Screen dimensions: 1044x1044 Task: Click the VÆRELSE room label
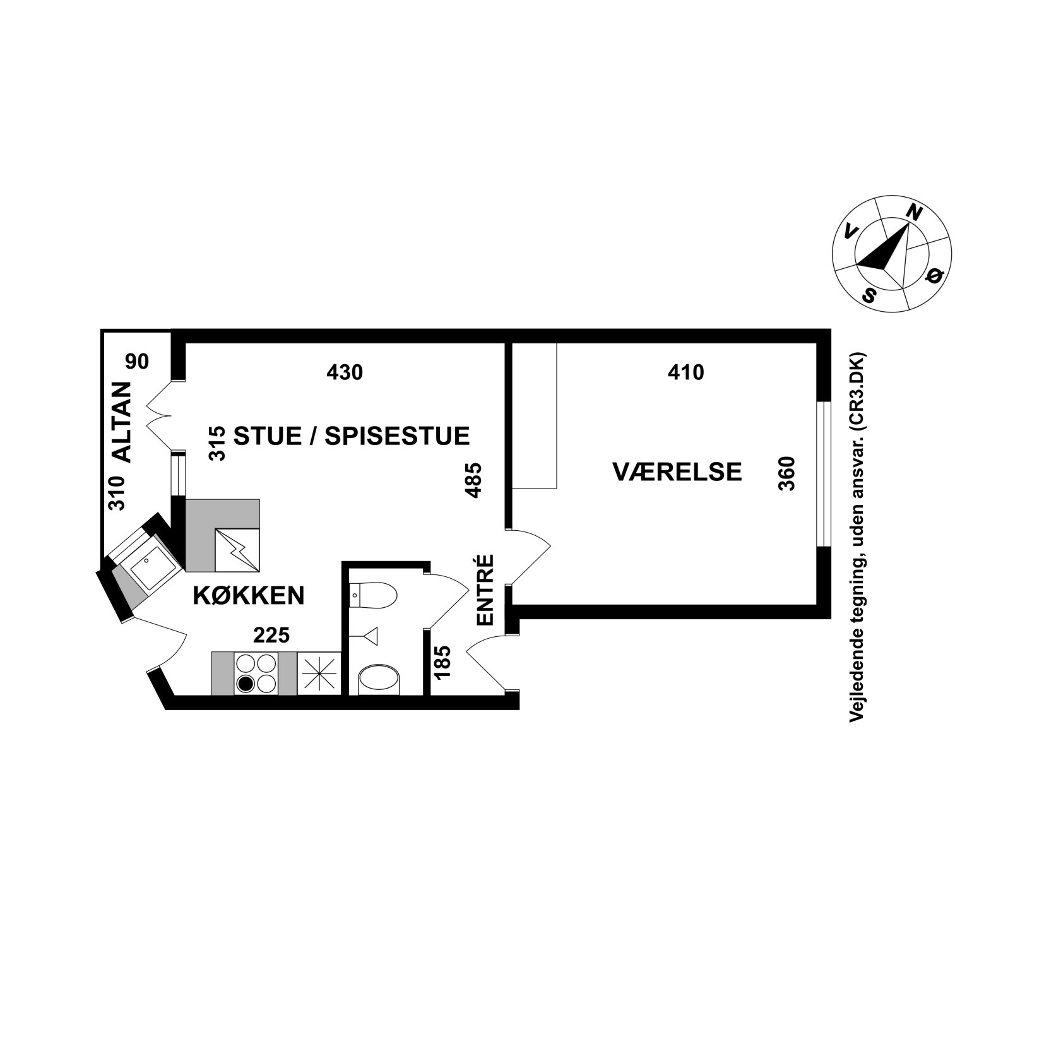click(x=677, y=472)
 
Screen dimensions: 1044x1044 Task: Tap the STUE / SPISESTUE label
click(x=352, y=436)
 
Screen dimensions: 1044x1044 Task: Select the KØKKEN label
click(x=248, y=595)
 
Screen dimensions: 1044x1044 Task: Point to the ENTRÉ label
click(x=484, y=590)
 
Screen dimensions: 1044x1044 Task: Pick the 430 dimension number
click(x=345, y=372)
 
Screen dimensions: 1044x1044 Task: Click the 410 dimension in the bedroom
click(x=685, y=372)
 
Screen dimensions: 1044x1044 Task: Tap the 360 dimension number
click(x=787, y=473)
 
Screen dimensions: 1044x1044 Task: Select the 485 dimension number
click(x=473, y=481)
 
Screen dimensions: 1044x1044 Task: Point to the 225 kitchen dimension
click(x=271, y=635)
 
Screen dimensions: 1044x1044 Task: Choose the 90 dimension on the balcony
click(x=137, y=362)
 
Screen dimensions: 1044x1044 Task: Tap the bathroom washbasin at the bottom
click(x=379, y=680)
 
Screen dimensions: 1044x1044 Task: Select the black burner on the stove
click(x=246, y=684)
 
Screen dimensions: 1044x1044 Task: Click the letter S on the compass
click(x=871, y=294)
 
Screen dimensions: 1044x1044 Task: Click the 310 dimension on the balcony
click(x=117, y=493)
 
